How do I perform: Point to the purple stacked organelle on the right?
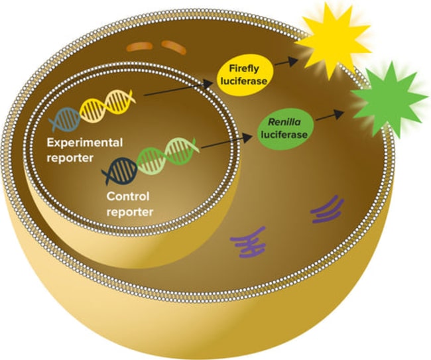327,209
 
